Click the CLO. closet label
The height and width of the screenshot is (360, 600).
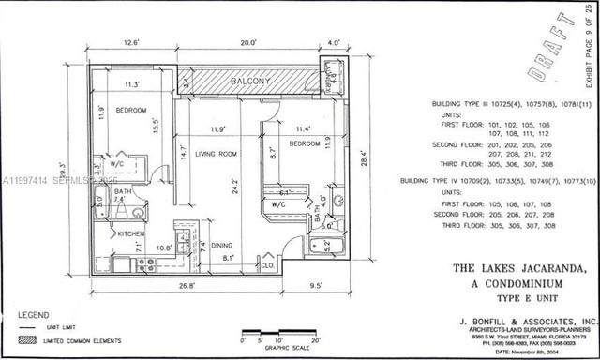pos(268,265)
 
